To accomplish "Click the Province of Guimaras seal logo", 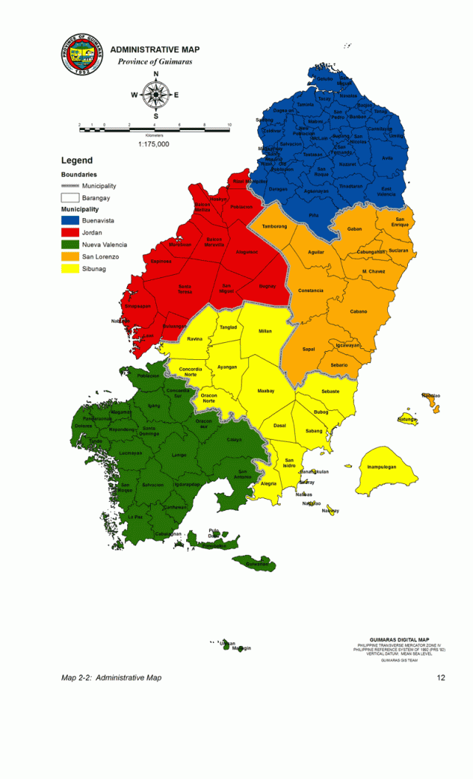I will pyautogui.click(x=82, y=53).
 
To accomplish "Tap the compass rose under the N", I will pyautogui.click(x=155, y=95).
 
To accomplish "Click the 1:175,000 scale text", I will pyautogui.click(x=154, y=144).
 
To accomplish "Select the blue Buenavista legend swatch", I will pyautogui.click(x=70, y=221).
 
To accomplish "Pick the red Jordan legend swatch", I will pyautogui.click(x=70, y=233).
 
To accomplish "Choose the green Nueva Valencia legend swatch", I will pyautogui.click(x=70, y=245).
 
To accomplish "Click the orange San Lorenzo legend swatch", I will pyautogui.click(x=70, y=256).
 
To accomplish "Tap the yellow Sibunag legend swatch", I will pyautogui.click(x=70, y=268).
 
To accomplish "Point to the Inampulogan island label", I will pyautogui.click(x=382, y=467).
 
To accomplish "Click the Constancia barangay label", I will pyautogui.click(x=310, y=290).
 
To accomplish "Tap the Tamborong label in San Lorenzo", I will pyautogui.click(x=273, y=226).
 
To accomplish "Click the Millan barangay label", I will pyautogui.click(x=265, y=331).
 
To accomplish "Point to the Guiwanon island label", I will pyautogui.click(x=257, y=564).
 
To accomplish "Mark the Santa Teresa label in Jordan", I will pyautogui.click(x=184, y=289).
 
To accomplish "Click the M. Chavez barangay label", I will pyautogui.click(x=375, y=272).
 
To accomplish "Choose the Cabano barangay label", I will pyautogui.click(x=358, y=311).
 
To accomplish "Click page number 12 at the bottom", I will pyautogui.click(x=441, y=677).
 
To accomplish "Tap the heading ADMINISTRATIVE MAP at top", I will pyautogui.click(x=154, y=50).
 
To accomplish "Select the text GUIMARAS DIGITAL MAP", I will pyautogui.click(x=399, y=639).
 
